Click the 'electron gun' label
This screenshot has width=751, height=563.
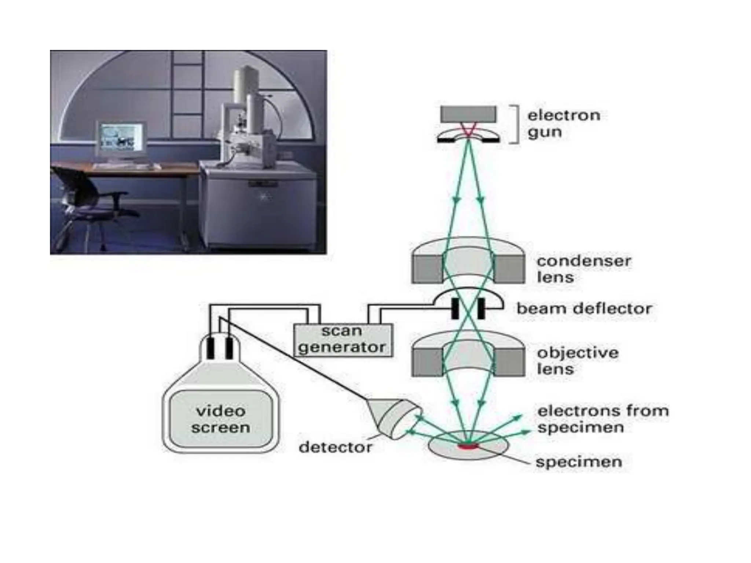pyautogui.click(x=563, y=124)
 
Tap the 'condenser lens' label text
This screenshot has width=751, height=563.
pyautogui.click(x=583, y=269)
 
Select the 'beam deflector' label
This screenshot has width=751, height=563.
pyautogui.click(x=584, y=309)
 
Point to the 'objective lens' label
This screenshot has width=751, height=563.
pyautogui.click(x=578, y=361)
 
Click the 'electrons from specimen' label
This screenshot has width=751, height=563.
pyautogui.click(x=602, y=419)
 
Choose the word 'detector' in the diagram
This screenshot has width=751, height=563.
pyautogui.click(x=335, y=447)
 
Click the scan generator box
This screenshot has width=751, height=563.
pyautogui.click(x=343, y=340)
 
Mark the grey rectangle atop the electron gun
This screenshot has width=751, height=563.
pyautogui.click(x=468, y=114)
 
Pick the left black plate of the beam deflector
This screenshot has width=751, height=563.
pyautogui.click(x=455, y=309)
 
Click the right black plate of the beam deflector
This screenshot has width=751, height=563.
pyautogui.click(x=481, y=309)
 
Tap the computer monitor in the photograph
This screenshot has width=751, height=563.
pyautogui.click(x=121, y=137)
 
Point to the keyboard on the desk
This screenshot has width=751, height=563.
pyautogui.click(x=127, y=167)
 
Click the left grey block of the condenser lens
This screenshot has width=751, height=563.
pyautogui.click(x=427, y=269)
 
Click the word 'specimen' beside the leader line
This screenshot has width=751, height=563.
pyautogui.click(x=578, y=461)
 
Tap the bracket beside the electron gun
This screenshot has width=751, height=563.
pyautogui.click(x=516, y=124)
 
